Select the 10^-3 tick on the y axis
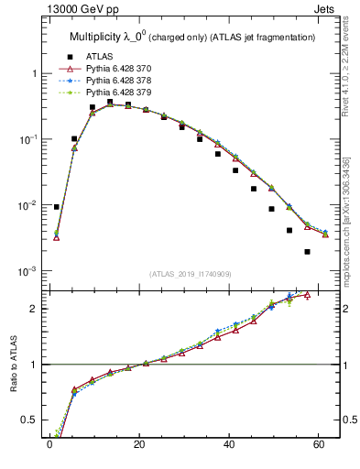click(x=27, y=272)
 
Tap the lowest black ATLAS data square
click(x=307, y=252)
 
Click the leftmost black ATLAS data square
click(x=57, y=207)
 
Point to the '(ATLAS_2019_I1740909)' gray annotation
click(x=191, y=273)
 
